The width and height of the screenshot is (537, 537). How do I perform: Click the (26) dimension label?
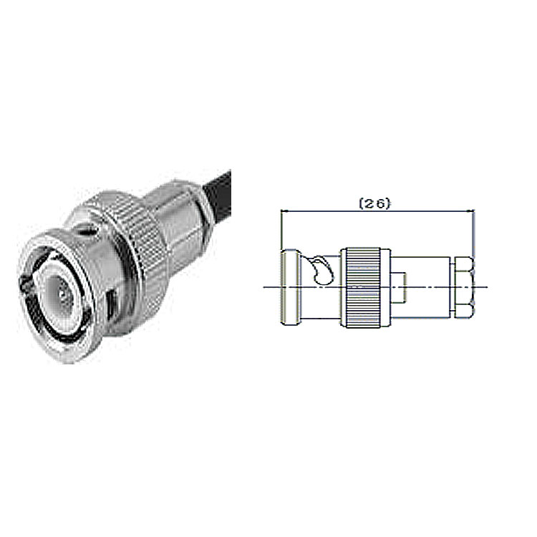(374, 204)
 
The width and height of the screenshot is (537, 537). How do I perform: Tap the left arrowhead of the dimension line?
(282, 211)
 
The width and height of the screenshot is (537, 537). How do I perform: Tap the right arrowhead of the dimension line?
(473, 211)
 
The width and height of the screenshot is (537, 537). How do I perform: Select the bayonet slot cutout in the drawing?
(323, 270)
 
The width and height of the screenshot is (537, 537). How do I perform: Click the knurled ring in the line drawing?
(363, 287)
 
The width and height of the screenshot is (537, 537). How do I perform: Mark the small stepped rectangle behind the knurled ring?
(398, 287)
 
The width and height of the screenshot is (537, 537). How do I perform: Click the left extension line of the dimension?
(281, 229)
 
